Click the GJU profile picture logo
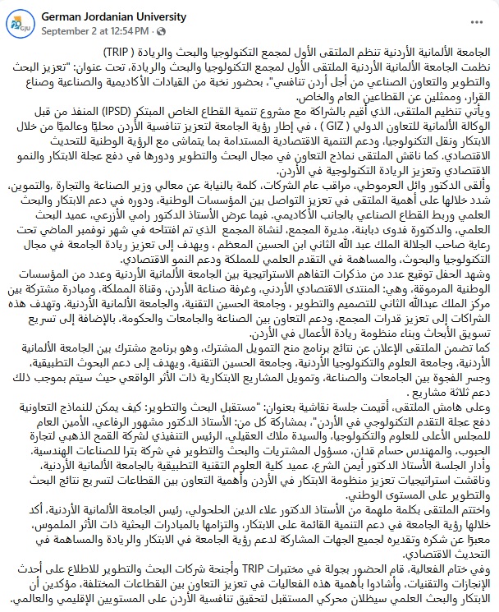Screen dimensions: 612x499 tap(16, 21)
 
